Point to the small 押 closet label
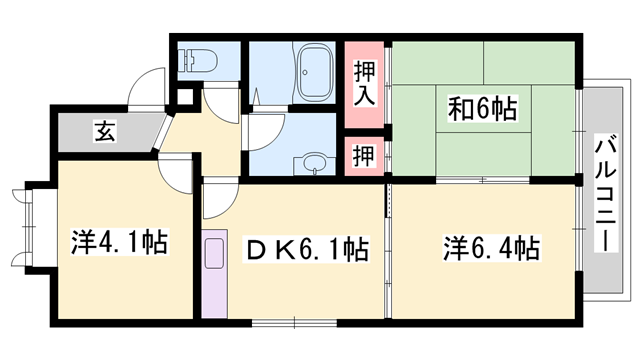(364, 155)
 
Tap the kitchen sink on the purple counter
(214, 255)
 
